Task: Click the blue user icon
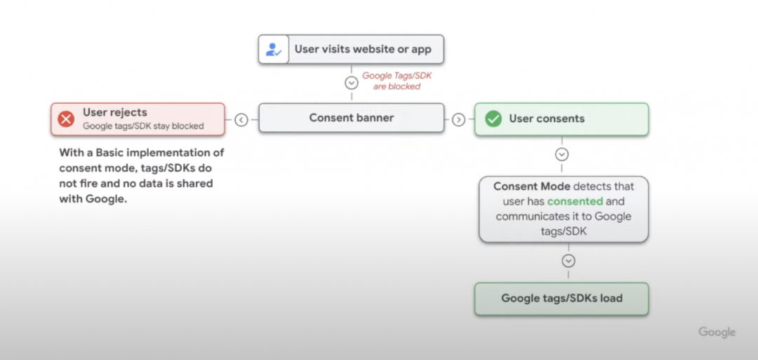coord(274,49)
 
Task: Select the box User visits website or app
coord(351,49)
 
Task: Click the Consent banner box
coord(352,118)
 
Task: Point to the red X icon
coord(66,119)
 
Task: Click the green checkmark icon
coord(493,119)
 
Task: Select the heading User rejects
coord(115,112)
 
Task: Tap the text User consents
coord(547,119)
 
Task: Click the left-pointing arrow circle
coord(241,120)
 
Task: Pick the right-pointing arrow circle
coord(458,120)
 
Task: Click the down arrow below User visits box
coord(352,83)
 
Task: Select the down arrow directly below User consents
coord(561,154)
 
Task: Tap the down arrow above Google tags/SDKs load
coord(568,261)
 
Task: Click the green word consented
coord(576,201)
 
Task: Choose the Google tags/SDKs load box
coord(561,299)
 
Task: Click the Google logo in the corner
coord(717,333)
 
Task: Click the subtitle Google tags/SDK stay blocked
coord(143,126)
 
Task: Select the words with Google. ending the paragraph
coord(93,199)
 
